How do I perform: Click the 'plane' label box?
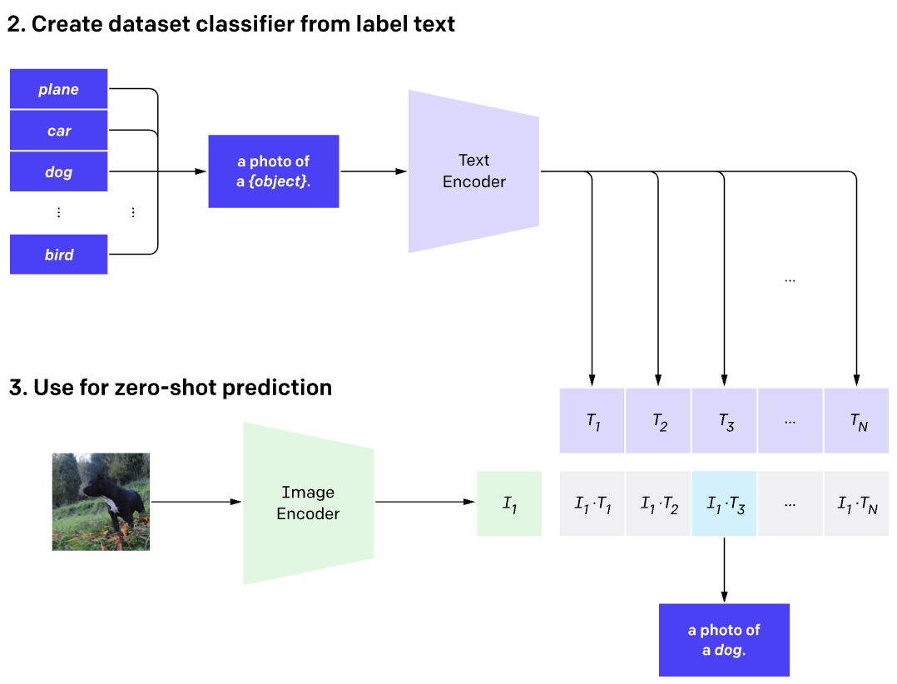pyautogui.click(x=58, y=89)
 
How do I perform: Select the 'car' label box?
pyautogui.click(x=58, y=131)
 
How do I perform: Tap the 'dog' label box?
pyautogui.click(x=58, y=172)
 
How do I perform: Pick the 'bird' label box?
pyautogui.click(x=58, y=255)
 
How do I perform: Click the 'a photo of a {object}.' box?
pyautogui.click(x=273, y=171)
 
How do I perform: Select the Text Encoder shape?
pyautogui.click(x=473, y=171)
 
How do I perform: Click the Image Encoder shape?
pyautogui.click(x=308, y=503)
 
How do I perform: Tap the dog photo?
pyautogui.click(x=101, y=502)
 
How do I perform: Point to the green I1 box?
pyautogui.click(x=509, y=503)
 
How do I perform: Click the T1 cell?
pyautogui.click(x=592, y=421)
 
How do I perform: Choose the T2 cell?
pyautogui.click(x=658, y=421)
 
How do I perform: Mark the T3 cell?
pyautogui.click(x=724, y=421)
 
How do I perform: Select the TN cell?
pyautogui.click(x=857, y=421)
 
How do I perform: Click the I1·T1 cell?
pyautogui.click(x=592, y=503)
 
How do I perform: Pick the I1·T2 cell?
pyautogui.click(x=658, y=503)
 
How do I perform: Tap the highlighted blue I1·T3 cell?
pyautogui.click(x=724, y=503)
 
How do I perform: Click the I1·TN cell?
pyautogui.click(x=857, y=503)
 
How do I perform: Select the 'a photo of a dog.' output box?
pyautogui.click(x=724, y=640)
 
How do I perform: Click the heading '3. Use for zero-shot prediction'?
pyautogui.click(x=170, y=388)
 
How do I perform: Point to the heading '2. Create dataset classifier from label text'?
pyautogui.click(x=231, y=23)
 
